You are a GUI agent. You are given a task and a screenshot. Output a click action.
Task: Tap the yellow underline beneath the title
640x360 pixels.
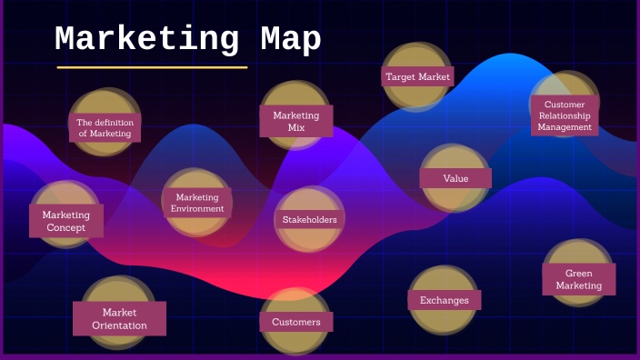152,67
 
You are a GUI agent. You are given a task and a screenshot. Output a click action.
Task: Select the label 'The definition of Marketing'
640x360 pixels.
105,128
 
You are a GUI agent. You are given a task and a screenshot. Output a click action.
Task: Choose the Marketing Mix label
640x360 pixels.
296,121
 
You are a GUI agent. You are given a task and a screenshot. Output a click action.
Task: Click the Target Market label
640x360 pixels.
417,77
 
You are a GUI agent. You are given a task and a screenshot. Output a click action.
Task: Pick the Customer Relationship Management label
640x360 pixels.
565,115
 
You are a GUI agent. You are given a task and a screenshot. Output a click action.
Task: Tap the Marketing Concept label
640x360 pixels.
65,221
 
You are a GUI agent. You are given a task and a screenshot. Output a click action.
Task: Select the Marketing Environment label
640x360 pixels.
197,203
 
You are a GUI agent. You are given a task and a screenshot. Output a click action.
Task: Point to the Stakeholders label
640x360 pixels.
309,219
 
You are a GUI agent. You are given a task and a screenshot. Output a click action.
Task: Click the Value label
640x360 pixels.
455,178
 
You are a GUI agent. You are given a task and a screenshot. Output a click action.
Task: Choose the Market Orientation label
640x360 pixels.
119,318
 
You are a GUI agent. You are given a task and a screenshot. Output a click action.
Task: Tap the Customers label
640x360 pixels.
295,322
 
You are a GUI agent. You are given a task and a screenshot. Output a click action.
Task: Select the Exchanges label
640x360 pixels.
444,300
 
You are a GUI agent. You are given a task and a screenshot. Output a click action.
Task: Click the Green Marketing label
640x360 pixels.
579,279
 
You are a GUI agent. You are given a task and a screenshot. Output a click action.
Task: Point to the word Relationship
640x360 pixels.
565,115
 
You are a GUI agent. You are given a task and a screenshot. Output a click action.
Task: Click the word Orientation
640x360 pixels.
119,325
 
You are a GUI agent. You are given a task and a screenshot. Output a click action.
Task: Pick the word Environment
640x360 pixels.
197,209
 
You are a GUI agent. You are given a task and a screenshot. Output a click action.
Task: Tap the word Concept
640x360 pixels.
65,228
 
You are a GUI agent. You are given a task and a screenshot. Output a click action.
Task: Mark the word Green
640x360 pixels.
579,273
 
